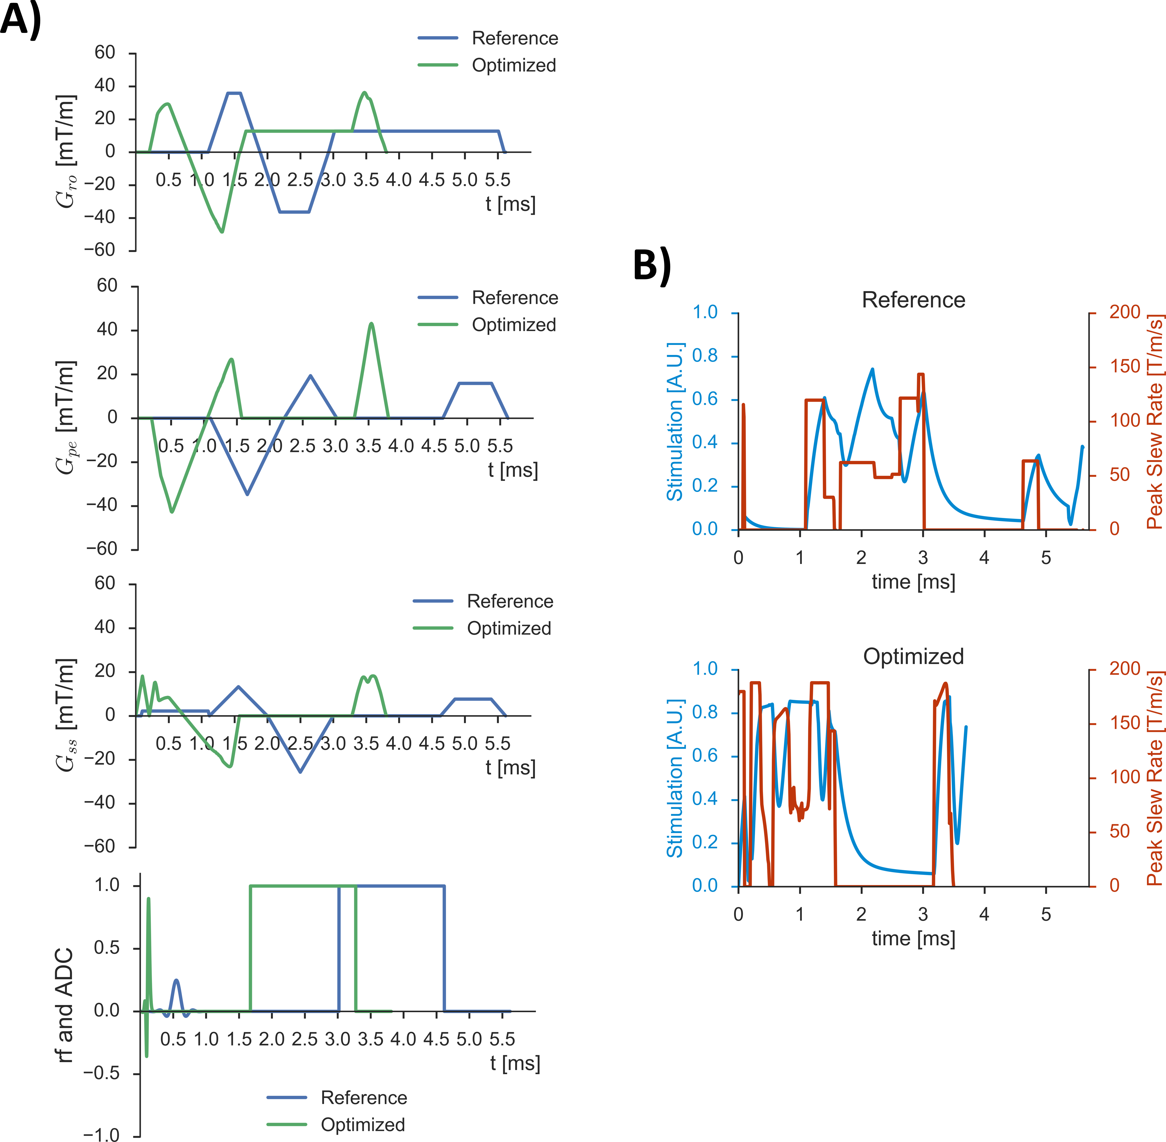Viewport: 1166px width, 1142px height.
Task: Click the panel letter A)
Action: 21,19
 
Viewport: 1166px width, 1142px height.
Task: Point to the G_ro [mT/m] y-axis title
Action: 66,151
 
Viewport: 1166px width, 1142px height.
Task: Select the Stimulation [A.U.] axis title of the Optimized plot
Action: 675,778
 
